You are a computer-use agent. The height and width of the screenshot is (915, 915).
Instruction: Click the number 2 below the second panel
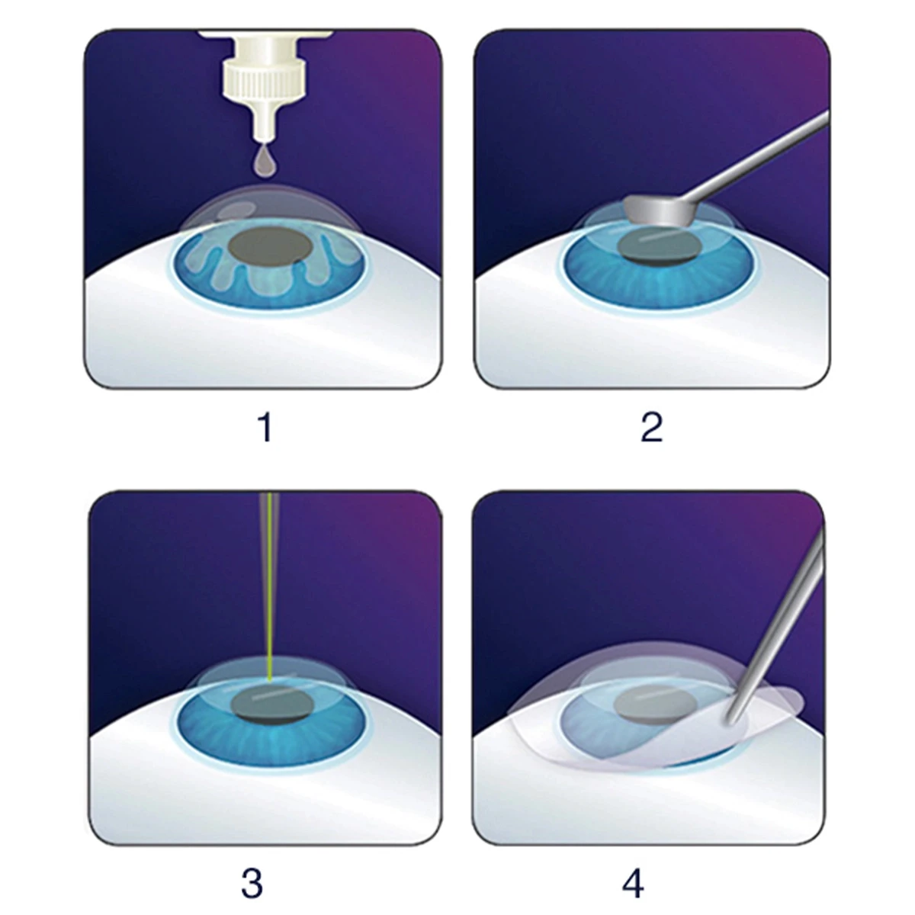pos(651,427)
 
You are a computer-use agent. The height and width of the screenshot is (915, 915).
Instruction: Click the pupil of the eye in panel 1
pos(271,246)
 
